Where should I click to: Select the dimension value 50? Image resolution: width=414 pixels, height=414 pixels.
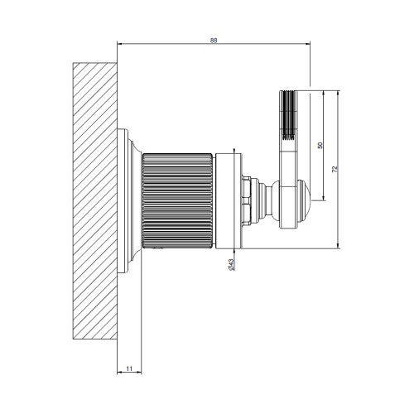coord(320,145)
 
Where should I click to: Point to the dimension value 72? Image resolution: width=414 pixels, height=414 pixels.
coord(335,168)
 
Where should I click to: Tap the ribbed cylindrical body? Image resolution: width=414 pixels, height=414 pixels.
coord(177,200)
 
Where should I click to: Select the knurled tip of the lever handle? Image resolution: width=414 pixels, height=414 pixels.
coord(287,116)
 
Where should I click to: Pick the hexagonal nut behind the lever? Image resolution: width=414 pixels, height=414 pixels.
coord(247,200)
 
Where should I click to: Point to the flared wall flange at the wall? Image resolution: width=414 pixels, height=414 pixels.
coord(129,200)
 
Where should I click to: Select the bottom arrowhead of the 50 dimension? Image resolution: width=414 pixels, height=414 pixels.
coord(324,198)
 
